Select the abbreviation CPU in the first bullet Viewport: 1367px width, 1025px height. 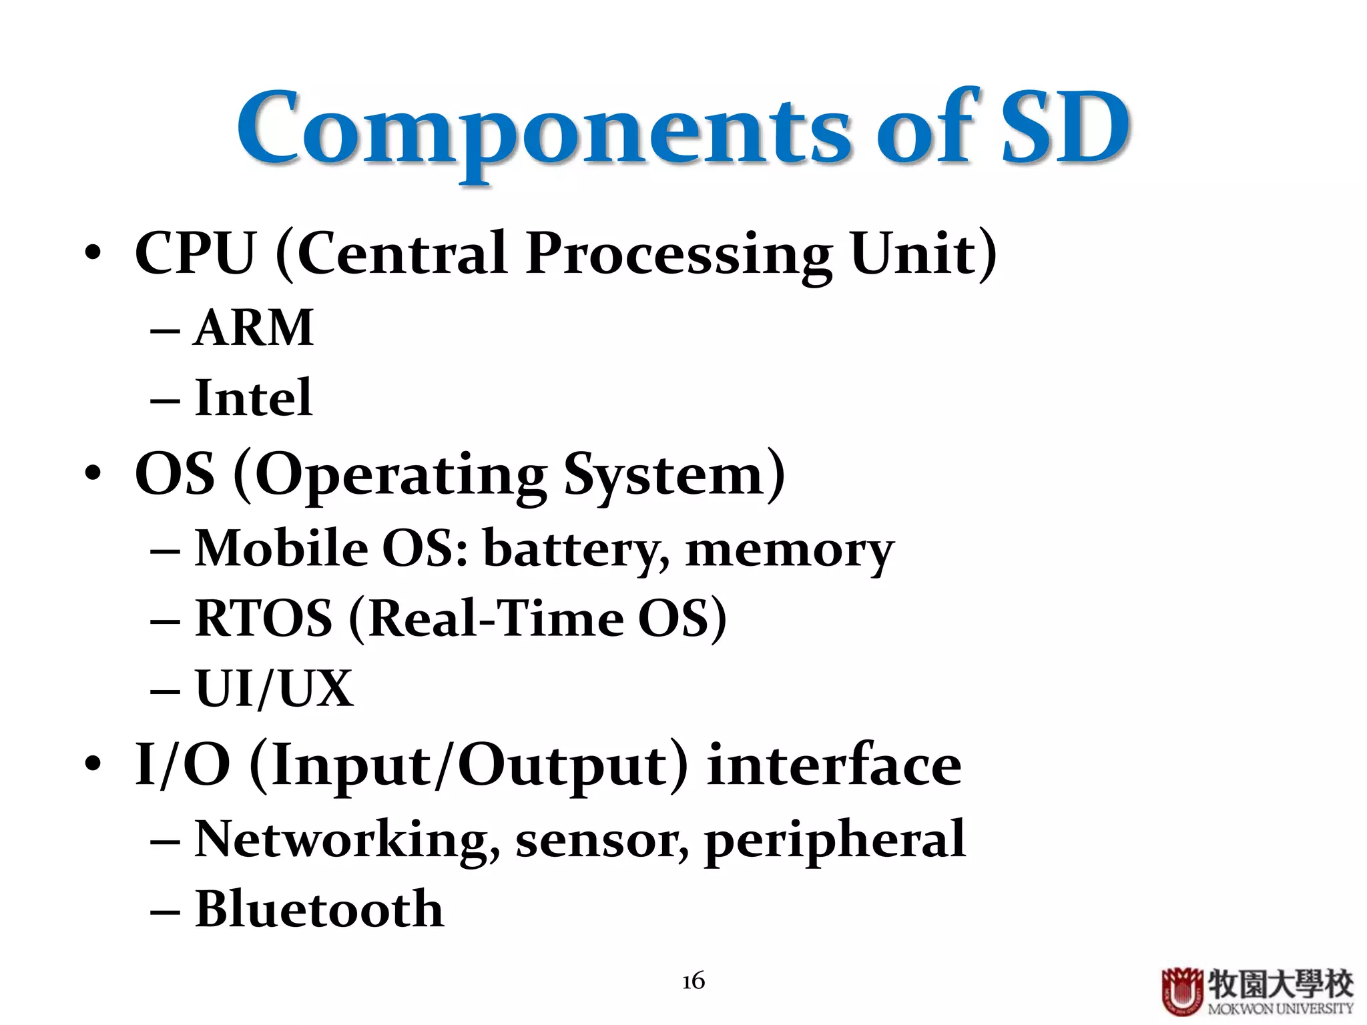tap(195, 254)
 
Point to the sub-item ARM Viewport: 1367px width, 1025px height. tap(254, 328)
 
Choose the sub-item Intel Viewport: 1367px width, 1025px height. tap(254, 398)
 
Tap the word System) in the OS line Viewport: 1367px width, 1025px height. tap(674, 475)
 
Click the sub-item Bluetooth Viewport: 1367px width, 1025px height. tap(319, 910)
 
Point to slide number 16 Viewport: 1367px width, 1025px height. tap(694, 981)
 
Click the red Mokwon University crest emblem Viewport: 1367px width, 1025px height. tap(1182, 991)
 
